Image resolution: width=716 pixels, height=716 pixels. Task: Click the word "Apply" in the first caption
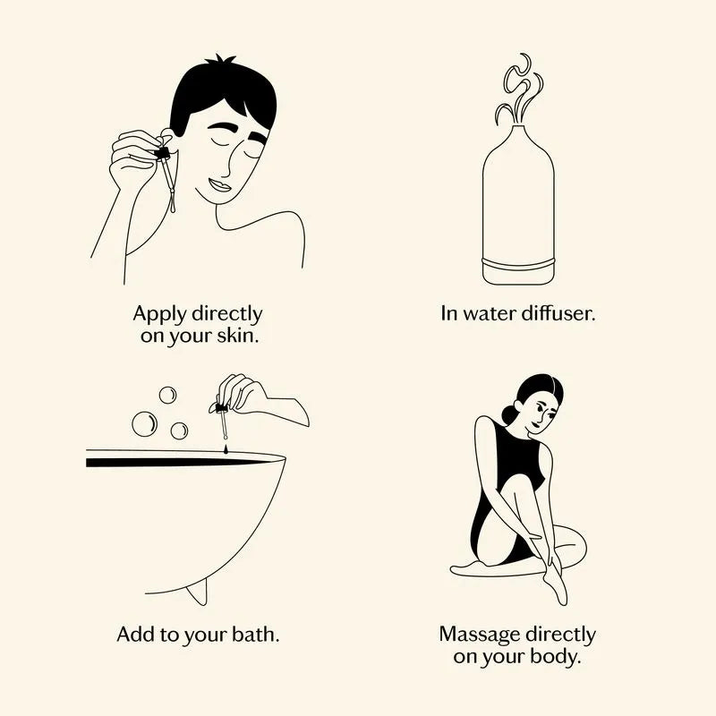160,315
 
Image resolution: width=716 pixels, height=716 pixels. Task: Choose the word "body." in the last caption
555,657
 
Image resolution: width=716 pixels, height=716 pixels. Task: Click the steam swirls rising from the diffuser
519,89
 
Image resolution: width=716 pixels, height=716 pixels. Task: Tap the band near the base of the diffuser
518,263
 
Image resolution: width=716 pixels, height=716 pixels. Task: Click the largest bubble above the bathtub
144,423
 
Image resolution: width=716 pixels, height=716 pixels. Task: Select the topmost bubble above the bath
167,395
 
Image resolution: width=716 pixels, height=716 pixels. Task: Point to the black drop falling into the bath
226,450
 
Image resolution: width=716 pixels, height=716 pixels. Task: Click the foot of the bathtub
197,592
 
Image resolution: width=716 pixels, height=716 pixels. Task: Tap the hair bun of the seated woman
509,414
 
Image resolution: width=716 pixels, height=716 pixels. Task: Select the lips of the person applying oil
220,185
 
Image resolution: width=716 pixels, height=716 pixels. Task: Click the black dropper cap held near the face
162,153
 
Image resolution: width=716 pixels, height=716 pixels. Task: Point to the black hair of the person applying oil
221,94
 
